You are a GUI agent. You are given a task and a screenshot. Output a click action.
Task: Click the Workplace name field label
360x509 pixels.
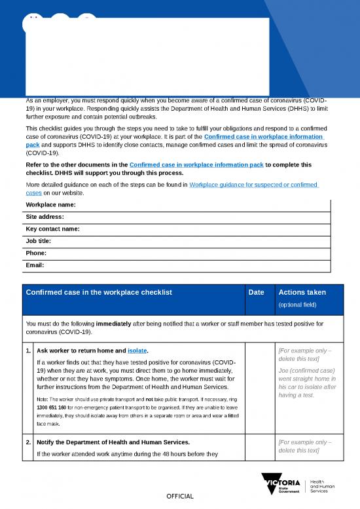pos(50,205)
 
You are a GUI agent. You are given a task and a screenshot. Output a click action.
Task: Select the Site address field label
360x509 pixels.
pos(45,217)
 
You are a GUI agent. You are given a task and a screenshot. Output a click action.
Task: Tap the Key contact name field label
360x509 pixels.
pos(52,229)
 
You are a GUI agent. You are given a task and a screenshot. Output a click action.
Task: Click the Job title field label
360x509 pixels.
pos(39,241)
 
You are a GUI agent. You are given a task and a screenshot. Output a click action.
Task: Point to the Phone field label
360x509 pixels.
pos(36,253)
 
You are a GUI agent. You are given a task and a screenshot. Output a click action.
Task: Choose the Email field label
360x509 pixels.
pos(35,265)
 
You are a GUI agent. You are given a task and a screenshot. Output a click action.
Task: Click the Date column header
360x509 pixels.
pos(257,292)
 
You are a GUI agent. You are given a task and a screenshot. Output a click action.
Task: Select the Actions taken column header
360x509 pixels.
pos(302,292)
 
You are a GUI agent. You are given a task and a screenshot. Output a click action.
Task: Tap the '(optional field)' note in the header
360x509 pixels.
pos(298,305)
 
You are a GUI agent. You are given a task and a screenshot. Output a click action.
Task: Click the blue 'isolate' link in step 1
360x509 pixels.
pos(137,350)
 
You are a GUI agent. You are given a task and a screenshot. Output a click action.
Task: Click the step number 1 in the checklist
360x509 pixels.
pos(27,350)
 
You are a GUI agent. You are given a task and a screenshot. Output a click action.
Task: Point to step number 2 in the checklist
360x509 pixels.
pos(27,442)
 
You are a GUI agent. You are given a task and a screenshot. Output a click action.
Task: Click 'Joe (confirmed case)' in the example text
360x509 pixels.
pos(306,369)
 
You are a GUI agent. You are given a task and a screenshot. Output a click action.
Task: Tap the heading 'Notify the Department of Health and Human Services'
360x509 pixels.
pos(118,442)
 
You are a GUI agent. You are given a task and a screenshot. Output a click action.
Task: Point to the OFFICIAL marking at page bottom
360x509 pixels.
pos(179,496)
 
